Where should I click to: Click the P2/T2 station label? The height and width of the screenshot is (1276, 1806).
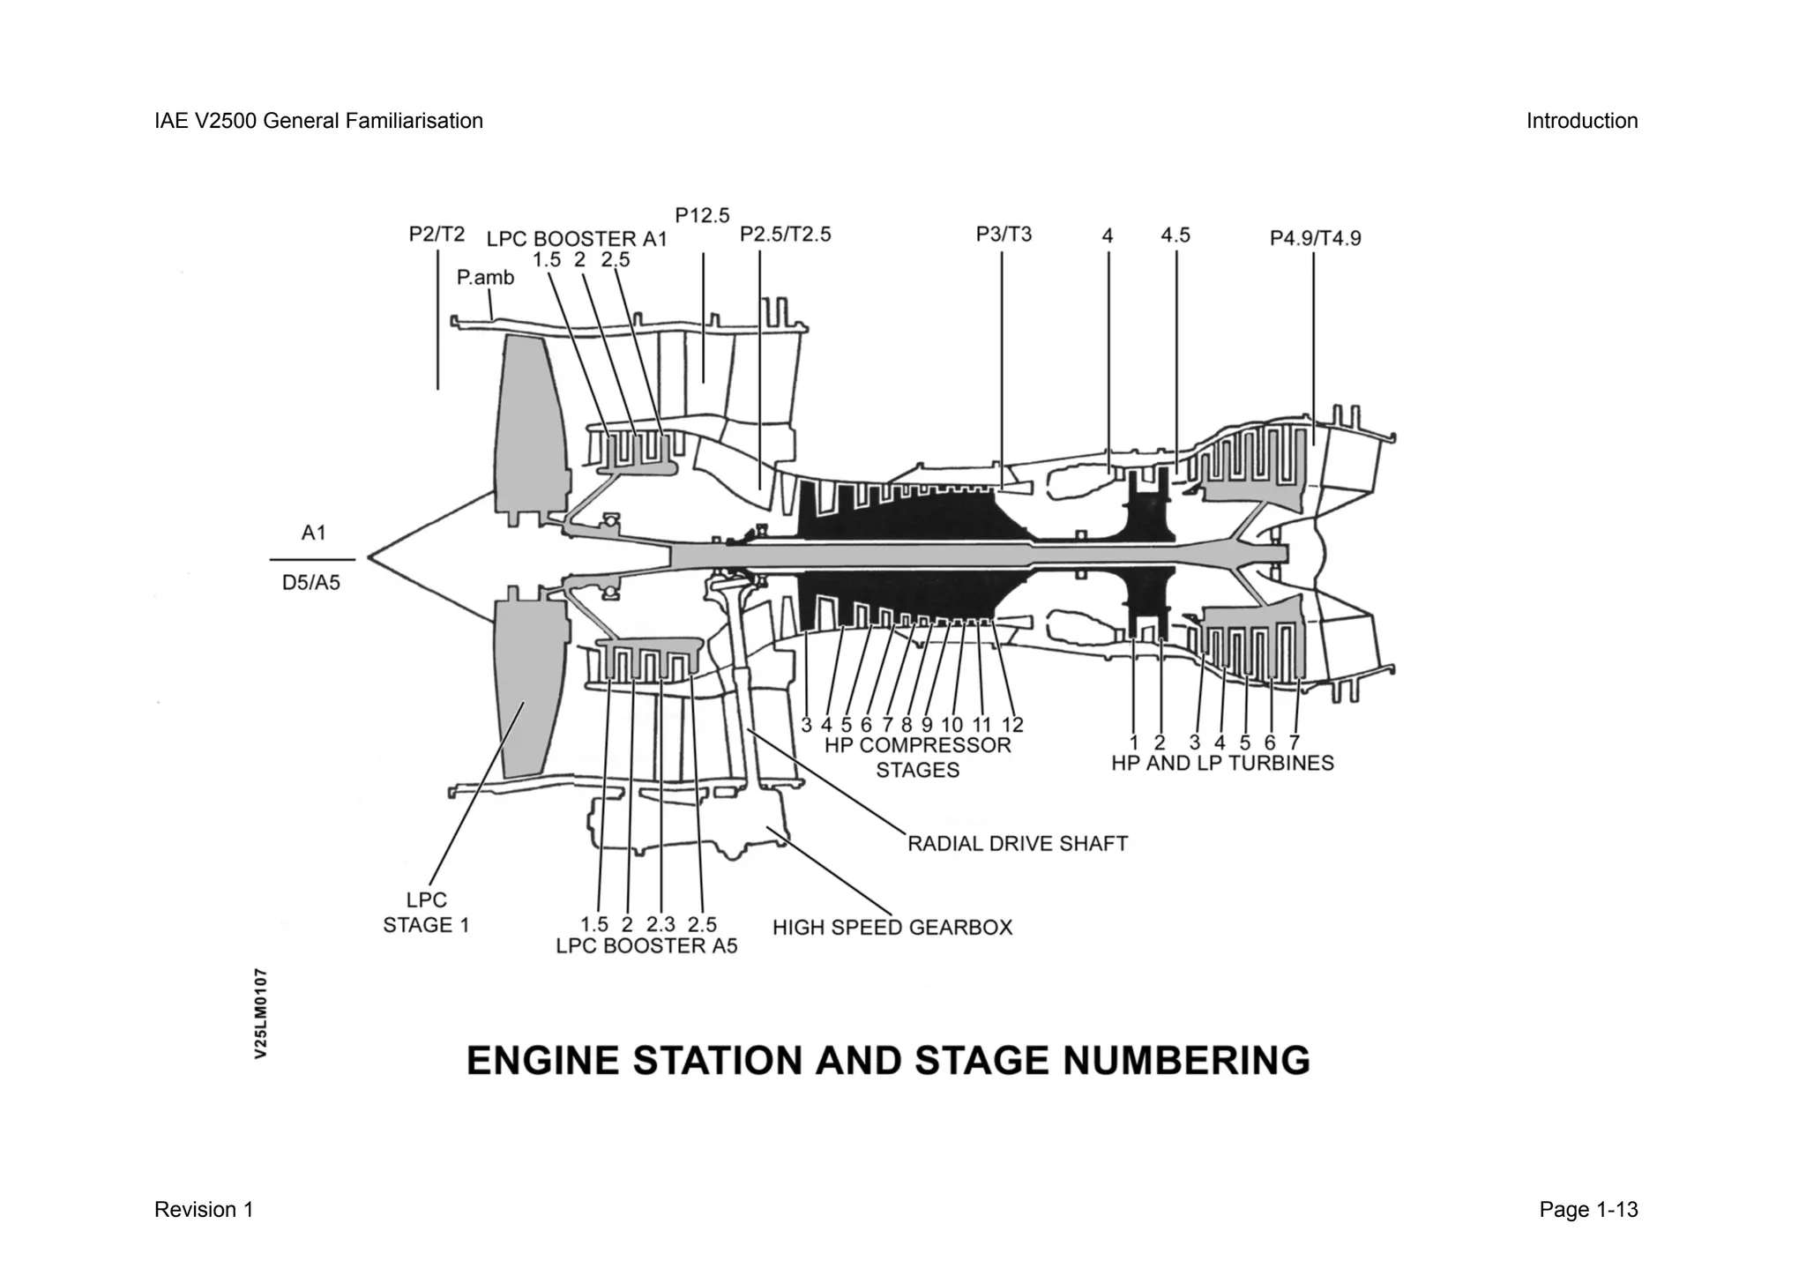click(x=437, y=234)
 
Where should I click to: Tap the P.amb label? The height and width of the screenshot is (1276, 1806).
click(x=485, y=278)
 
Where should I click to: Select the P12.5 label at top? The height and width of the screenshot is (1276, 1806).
click(x=702, y=215)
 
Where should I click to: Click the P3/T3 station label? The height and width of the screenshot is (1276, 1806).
click(x=1004, y=234)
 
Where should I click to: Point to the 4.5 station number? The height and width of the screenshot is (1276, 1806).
click(x=1175, y=235)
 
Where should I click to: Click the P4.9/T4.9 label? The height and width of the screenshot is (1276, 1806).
click(x=1315, y=238)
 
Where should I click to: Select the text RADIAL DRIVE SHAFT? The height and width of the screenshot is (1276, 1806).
click(x=1018, y=844)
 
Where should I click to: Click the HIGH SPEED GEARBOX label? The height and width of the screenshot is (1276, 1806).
click(x=892, y=928)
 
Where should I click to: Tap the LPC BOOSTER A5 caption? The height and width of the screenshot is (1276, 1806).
click(x=646, y=946)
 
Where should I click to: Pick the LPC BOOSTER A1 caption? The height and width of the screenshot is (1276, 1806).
click(x=577, y=239)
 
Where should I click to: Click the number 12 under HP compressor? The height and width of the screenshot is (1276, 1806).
click(x=1012, y=725)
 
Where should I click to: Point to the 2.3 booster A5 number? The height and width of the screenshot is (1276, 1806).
click(x=660, y=925)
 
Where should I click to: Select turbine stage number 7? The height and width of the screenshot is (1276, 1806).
click(x=1294, y=742)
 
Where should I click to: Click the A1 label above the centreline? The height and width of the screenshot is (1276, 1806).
click(x=313, y=534)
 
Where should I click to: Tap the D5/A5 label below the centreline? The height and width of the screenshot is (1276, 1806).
click(x=311, y=584)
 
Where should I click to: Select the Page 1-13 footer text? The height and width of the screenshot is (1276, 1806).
click(x=1588, y=1210)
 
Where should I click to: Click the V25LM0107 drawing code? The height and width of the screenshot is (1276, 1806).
click(x=261, y=1014)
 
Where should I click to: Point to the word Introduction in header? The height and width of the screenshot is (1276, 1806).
click(x=1582, y=121)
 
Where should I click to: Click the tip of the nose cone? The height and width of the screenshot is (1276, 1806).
click(x=368, y=558)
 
